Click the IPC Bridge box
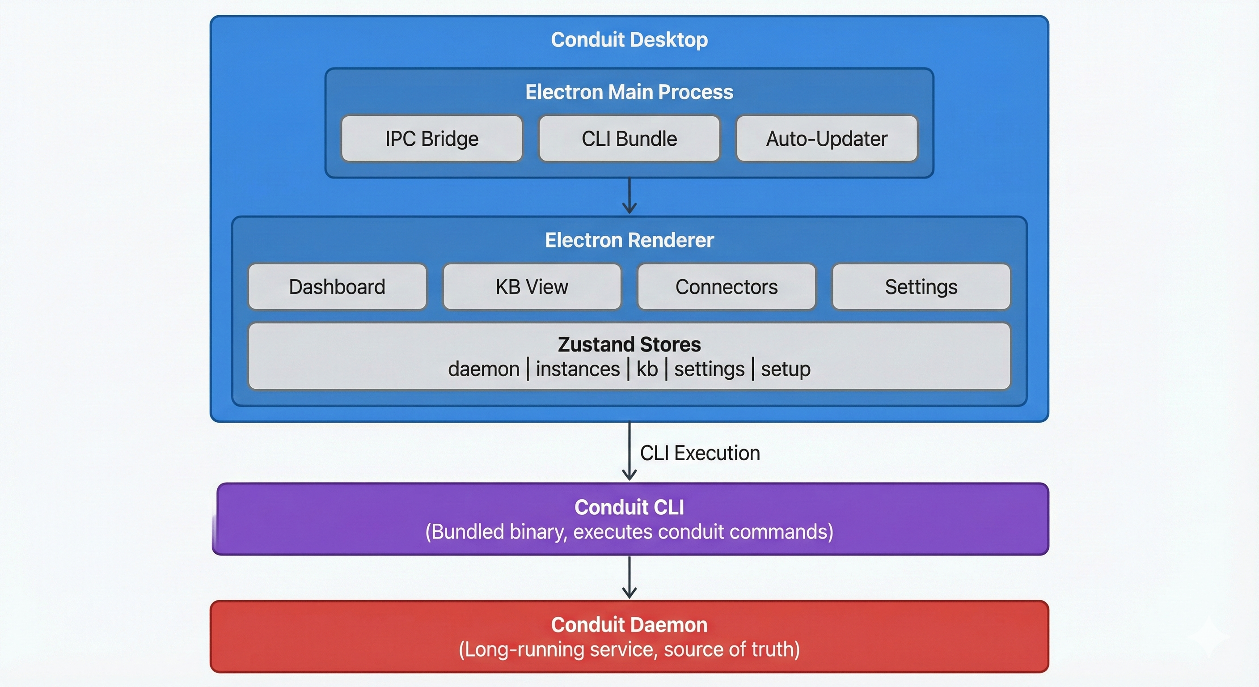[431, 139]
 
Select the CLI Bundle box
[629, 139]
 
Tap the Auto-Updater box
[827, 139]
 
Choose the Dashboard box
[337, 287]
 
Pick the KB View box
[532, 287]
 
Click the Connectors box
[726, 287]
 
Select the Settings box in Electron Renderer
[921, 287]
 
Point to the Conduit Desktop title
[629, 40]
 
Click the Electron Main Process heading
[629, 92]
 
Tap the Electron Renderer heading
[629, 240]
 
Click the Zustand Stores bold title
[629, 344]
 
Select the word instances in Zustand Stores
[578, 369]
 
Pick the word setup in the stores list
[786, 369]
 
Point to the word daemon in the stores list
[483, 369]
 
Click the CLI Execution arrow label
[699, 453]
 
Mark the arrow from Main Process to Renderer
[629, 195]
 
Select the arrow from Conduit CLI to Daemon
[629, 577]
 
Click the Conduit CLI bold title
[629, 507]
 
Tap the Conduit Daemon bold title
[629, 625]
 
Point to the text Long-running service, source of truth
[629, 650]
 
